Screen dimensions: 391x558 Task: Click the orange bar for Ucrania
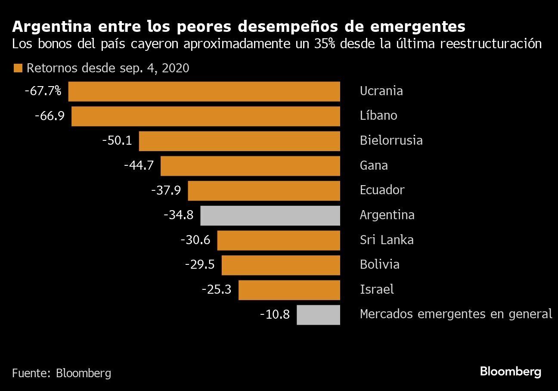(204, 91)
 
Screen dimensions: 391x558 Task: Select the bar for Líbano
(206, 116)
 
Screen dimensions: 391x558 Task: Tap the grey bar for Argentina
(270, 215)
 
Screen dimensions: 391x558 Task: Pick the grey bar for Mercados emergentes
(318, 315)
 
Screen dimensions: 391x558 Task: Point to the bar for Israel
(289, 290)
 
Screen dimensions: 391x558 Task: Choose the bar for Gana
(250, 166)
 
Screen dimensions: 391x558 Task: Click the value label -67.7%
(43, 91)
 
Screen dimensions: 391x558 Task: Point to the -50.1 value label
(117, 141)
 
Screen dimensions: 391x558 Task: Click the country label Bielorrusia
(391, 141)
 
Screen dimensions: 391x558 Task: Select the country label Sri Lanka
(387, 240)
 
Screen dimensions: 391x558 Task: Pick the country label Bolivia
(379, 264)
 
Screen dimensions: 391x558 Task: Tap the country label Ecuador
(382, 190)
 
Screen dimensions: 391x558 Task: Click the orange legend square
(18, 68)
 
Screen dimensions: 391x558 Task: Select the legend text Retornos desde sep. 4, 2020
(108, 68)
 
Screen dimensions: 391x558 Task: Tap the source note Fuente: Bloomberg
(62, 373)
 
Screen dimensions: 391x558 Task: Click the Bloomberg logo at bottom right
(510, 372)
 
